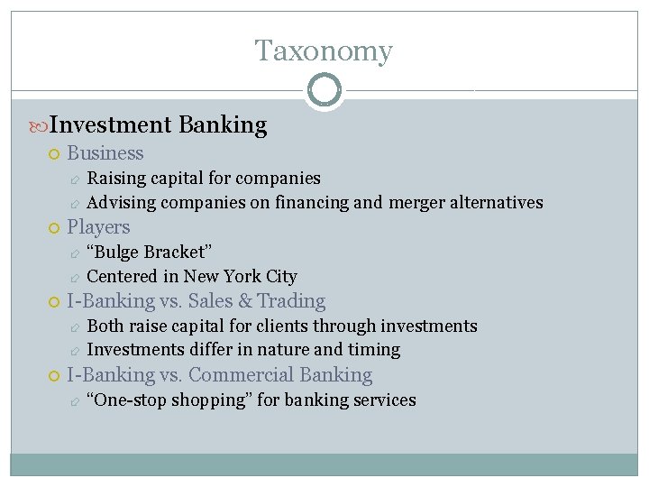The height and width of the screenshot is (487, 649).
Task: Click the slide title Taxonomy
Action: [324, 51]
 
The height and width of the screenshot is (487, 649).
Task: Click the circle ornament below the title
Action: [324, 90]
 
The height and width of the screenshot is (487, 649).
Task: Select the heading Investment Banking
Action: [158, 125]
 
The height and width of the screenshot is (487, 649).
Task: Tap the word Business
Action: [105, 153]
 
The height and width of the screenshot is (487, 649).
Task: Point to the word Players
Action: [98, 227]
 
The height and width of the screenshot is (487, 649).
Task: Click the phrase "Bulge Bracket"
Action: [149, 252]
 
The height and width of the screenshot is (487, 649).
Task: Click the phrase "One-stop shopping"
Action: [169, 400]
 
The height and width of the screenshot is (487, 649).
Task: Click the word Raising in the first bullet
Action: [115, 178]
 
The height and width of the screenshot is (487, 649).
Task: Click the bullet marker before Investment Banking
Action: [36, 126]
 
